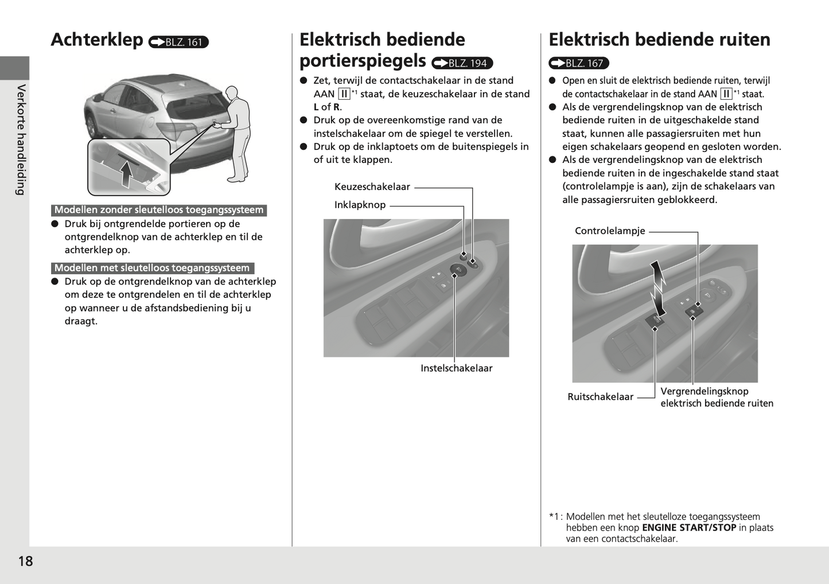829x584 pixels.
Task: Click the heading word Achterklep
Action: pyautogui.click(x=97, y=40)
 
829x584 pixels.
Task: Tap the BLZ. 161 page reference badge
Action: pyautogui.click(x=178, y=42)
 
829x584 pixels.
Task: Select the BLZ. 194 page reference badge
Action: pyautogui.click(x=462, y=63)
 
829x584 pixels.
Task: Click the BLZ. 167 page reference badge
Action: pyautogui.click(x=578, y=63)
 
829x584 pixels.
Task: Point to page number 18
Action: pyautogui.click(x=26, y=561)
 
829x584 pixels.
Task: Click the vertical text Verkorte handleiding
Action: pyautogui.click(x=21, y=139)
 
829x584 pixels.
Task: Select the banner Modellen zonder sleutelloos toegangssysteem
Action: pyautogui.click(x=159, y=210)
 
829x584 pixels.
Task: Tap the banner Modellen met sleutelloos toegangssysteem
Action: pyautogui.click(x=152, y=268)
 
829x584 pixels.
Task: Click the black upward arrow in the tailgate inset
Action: pyautogui.click(x=127, y=173)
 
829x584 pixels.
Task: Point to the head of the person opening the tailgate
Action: pyautogui.click(x=232, y=93)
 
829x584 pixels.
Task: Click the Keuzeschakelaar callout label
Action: pyautogui.click(x=372, y=187)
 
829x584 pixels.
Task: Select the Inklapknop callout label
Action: pyautogui.click(x=360, y=205)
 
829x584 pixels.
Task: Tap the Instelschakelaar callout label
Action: pyautogui.click(x=456, y=368)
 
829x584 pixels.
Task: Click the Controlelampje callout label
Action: pyautogui.click(x=610, y=231)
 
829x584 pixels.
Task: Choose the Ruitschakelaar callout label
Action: pyautogui.click(x=600, y=396)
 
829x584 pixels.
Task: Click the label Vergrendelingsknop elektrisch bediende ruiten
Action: pyautogui.click(x=717, y=397)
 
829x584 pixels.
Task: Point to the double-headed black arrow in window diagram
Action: pyautogui.click(x=658, y=289)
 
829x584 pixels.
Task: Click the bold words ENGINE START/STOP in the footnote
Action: pyautogui.click(x=689, y=528)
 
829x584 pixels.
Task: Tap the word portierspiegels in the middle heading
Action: pyautogui.click(x=363, y=61)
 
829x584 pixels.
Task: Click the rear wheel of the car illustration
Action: pyautogui.click(x=92, y=126)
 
